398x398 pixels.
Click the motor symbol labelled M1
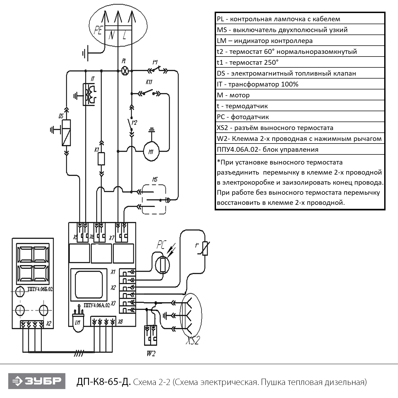pos(151,152)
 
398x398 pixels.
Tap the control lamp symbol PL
pos(125,71)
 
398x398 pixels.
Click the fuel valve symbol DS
pos(66,133)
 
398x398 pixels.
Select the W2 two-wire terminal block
pos(150,335)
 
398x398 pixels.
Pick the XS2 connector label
pos(193,340)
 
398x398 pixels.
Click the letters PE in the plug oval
pos(98,30)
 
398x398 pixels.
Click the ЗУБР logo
pos(37,381)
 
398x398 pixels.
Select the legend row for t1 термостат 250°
pos(300,62)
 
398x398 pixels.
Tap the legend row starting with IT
pos(300,84)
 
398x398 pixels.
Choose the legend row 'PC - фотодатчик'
pos(300,117)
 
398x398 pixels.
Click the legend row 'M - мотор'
pos(300,95)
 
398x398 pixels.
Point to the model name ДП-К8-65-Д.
pos(103,382)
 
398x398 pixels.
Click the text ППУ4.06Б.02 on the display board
pos(40,289)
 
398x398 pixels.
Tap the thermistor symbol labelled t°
pos(205,248)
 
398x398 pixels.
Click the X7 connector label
pos(112,238)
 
